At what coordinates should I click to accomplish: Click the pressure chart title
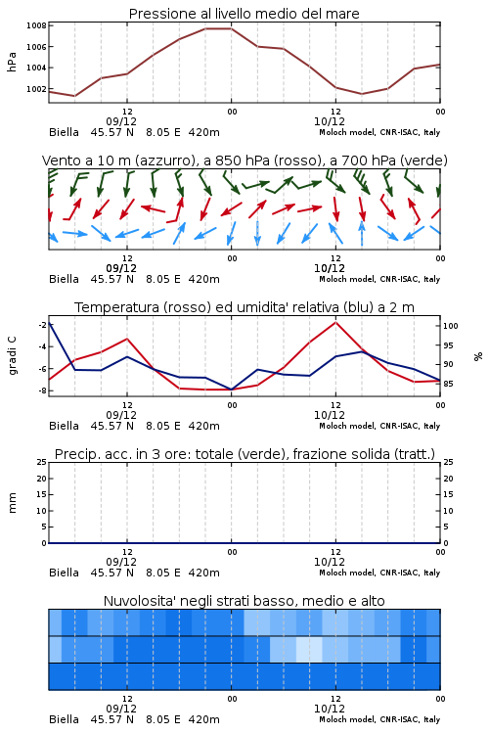(244, 14)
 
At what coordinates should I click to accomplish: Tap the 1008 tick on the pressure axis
(36, 25)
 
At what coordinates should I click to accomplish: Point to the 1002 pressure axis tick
(36, 89)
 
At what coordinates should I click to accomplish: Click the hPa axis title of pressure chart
(12, 62)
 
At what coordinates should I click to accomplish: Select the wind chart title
(244, 161)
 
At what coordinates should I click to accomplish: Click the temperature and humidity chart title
(244, 307)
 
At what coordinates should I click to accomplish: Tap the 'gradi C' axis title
(13, 355)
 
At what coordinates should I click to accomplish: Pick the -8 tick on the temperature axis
(42, 390)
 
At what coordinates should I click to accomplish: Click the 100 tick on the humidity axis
(451, 326)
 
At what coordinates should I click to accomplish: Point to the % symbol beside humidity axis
(478, 356)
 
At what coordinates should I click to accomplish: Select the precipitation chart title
(244, 454)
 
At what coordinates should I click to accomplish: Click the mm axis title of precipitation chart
(12, 503)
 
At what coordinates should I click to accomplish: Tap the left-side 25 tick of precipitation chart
(42, 462)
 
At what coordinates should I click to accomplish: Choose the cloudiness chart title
(244, 601)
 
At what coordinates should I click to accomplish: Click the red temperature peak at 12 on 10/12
(335, 322)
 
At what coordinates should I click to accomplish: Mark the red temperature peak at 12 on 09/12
(127, 339)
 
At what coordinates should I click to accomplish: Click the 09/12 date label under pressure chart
(121, 121)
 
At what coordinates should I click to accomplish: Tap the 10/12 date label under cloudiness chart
(330, 709)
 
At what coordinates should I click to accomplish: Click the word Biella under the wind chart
(65, 279)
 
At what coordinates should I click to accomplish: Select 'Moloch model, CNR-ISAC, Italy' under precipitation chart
(379, 573)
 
